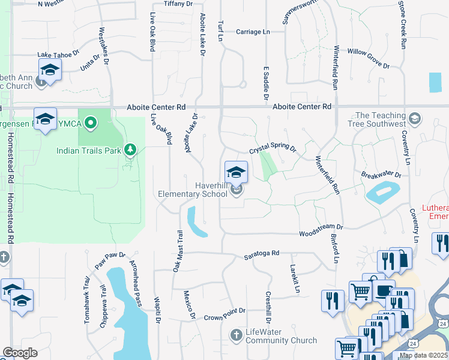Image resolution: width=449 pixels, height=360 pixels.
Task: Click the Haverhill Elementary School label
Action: point(193,190)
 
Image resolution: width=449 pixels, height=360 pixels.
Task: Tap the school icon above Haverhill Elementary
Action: point(237,172)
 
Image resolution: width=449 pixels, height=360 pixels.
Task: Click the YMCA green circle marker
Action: point(91,124)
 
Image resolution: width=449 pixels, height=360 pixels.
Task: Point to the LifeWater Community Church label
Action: point(281,337)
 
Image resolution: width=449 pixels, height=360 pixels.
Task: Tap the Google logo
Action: point(20,353)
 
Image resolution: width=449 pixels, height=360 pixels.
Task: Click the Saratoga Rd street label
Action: point(262,254)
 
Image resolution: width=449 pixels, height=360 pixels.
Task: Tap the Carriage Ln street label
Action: point(253,32)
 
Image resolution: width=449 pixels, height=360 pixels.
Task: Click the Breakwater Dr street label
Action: point(381,175)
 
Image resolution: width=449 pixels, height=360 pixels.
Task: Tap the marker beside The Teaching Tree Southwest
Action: point(414,116)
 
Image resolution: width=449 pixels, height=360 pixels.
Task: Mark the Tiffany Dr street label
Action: point(178,4)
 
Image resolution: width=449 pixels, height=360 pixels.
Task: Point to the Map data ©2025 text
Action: point(423,356)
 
